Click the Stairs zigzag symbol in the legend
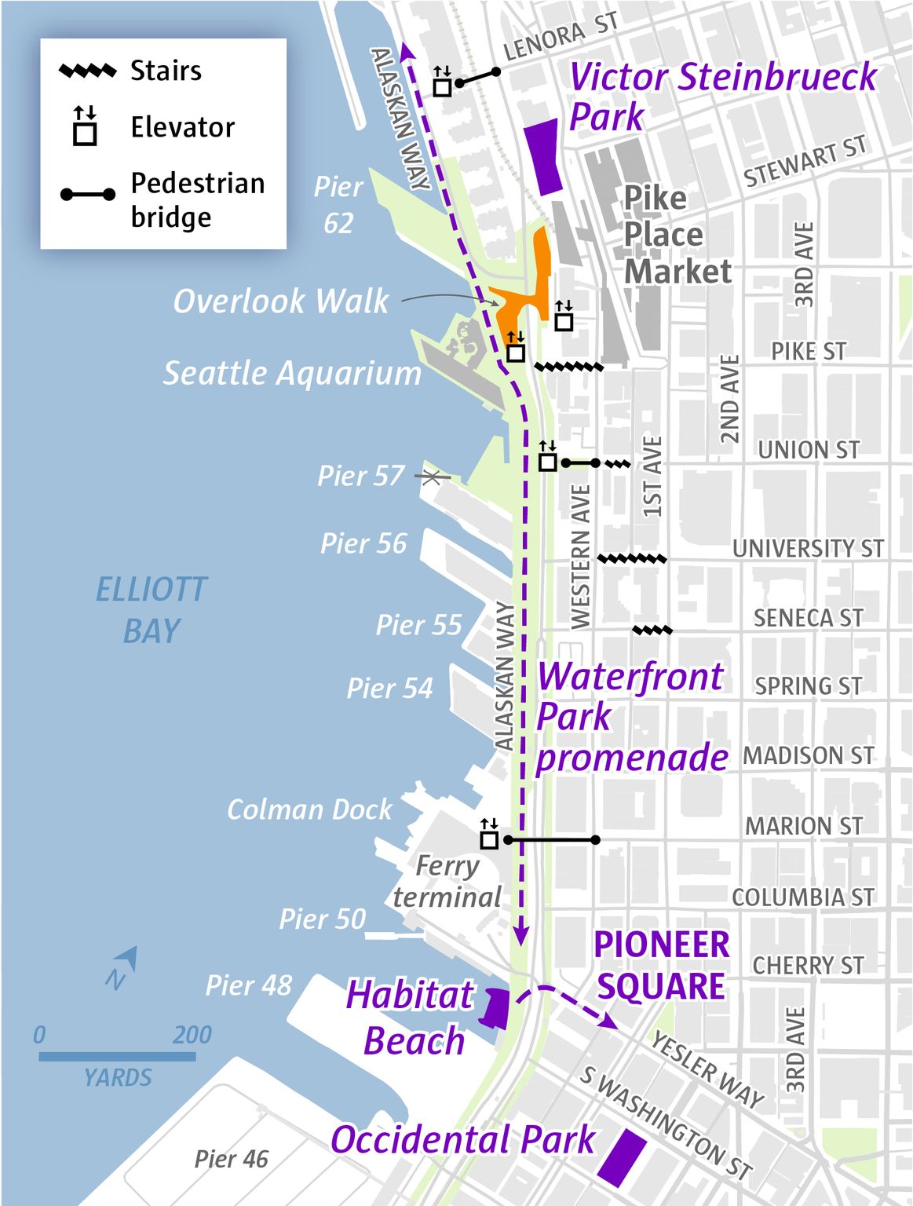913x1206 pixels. [x=87, y=71]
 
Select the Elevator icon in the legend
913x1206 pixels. [x=85, y=127]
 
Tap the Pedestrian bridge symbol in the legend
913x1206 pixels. [x=87, y=194]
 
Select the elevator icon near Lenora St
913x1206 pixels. [x=443, y=82]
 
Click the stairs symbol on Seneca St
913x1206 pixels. [x=652, y=630]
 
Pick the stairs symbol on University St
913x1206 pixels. [x=632, y=559]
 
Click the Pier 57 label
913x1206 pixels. [x=360, y=476]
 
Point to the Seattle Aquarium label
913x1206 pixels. [x=292, y=374]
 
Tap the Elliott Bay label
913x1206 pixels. [x=152, y=610]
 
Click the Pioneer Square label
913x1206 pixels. [x=661, y=966]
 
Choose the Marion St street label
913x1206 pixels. [x=803, y=826]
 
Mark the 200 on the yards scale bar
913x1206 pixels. [x=192, y=1035]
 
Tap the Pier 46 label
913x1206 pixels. [x=231, y=1159]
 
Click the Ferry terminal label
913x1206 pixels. [x=447, y=881]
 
